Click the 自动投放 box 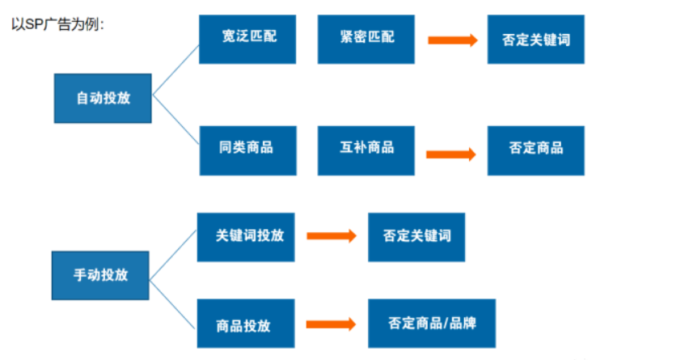(x=103, y=98)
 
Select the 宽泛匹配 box (x=248, y=38)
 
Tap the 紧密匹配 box (x=366, y=38)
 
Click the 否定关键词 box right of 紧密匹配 (x=535, y=39)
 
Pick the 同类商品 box (x=247, y=150)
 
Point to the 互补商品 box (x=366, y=150)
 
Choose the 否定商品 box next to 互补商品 (x=535, y=150)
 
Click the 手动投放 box (x=100, y=275)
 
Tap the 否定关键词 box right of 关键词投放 (x=416, y=236)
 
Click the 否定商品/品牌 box (x=432, y=324)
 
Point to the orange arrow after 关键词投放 (x=332, y=235)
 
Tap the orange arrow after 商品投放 (x=332, y=324)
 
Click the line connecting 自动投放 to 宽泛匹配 (x=175, y=70)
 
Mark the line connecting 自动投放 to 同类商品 (x=175, y=125)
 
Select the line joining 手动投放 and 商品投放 (x=173, y=299)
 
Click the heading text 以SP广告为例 (x=57, y=24)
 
